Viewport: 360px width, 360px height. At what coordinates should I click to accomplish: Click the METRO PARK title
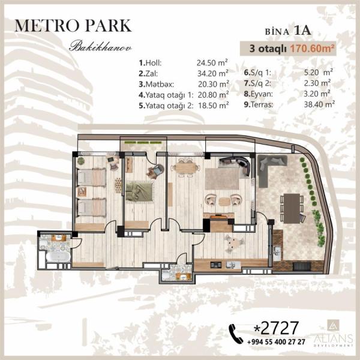point(73,26)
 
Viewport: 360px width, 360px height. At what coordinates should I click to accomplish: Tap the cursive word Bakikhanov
point(101,47)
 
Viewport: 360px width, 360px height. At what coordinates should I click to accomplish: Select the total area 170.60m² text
point(311,49)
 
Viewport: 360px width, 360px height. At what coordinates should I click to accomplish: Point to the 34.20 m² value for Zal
point(213,73)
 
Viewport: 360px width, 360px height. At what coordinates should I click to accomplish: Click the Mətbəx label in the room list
point(157,84)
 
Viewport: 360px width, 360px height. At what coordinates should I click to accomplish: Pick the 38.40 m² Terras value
point(319,104)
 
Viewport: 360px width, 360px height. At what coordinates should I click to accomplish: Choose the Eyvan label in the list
point(259,94)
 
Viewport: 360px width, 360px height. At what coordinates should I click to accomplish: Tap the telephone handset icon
point(236,334)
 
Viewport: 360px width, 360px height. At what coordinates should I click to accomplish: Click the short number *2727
point(276,328)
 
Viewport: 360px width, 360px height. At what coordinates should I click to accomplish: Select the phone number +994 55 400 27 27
point(277,342)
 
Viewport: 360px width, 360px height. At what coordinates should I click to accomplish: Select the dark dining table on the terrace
point(292,208)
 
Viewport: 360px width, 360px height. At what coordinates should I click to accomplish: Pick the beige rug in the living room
point(222,179)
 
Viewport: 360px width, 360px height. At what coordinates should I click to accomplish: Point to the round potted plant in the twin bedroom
point(81,161)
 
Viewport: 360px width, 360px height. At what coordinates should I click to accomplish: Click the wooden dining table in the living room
point(186,168)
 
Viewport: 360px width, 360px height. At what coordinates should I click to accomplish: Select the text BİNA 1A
point(288,31)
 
